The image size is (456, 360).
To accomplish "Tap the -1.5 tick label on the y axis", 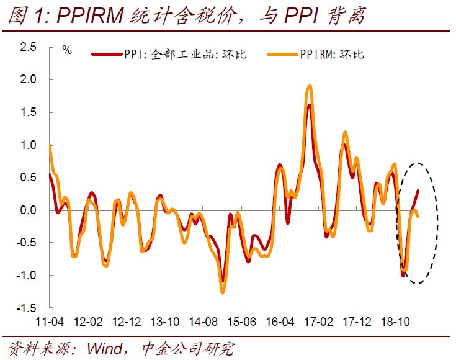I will coord(25,308).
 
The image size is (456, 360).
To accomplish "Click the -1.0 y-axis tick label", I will coord(25,276).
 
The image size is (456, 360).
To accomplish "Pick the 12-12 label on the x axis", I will coord(126,323).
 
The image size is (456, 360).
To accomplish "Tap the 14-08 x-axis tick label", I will coord(203,323).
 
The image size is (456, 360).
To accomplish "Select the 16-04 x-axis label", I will coord(279,323).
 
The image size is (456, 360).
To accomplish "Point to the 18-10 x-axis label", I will coord(395,323).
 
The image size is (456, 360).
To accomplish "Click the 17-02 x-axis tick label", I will coord(318,323).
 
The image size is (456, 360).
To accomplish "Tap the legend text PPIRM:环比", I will coord(334,54).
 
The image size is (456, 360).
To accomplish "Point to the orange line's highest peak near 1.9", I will coord(309,86).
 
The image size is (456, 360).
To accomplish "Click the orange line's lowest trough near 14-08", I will coord(222,292).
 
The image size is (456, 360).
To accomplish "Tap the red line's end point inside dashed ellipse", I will coord(418,191).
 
